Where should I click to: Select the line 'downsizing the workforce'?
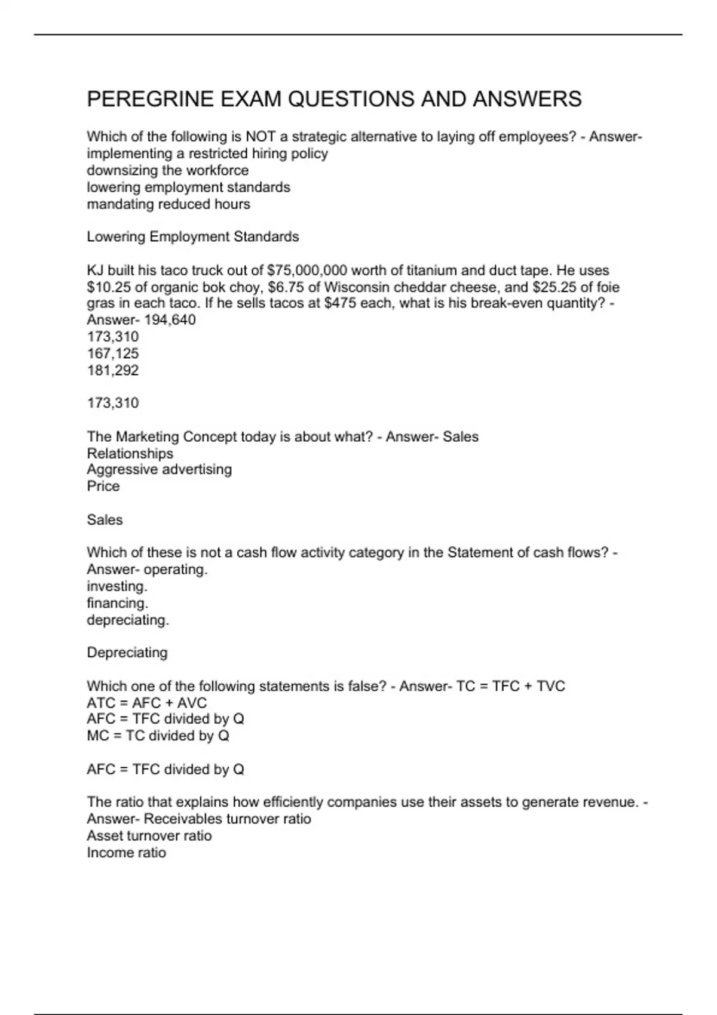167,170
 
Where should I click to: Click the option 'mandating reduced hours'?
168,204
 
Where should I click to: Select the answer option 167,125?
113,353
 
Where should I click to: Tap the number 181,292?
113,370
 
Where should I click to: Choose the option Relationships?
130,453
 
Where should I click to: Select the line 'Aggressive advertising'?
159,469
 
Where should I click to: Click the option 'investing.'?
117,586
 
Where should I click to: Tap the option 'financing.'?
117,603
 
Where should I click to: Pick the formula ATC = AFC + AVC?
146,703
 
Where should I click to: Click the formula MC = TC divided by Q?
158,736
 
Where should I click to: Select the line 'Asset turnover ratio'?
149,836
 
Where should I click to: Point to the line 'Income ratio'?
126,853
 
